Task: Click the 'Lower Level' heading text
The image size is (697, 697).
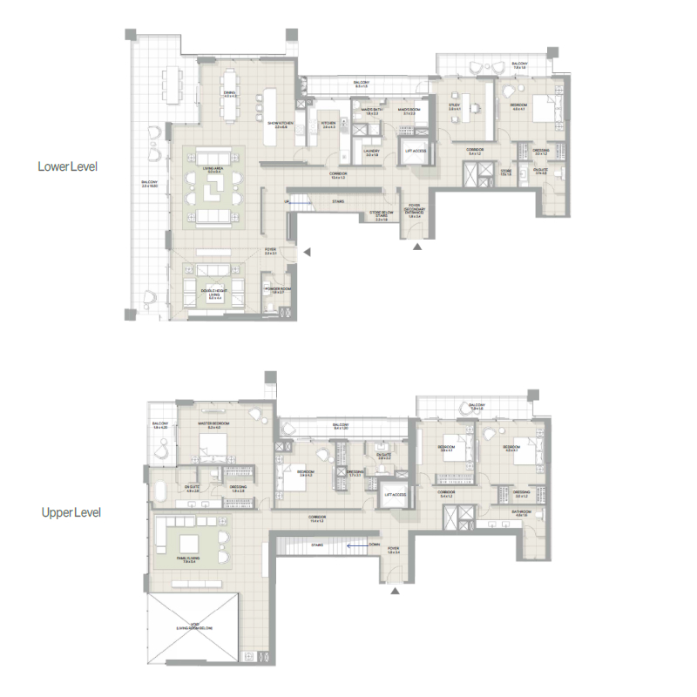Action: [x=67, y=166]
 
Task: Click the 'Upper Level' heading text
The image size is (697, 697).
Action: [x=71, y=512]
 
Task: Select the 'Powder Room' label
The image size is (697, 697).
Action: [x=276, y=288]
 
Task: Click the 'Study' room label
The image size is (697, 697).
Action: [x=454, y=106]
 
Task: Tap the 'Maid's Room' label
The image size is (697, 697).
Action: [x=408, y=112]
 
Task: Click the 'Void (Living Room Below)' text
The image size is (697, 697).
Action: [x=193, y=628]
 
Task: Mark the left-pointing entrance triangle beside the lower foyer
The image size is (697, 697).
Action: [x=306, y=253]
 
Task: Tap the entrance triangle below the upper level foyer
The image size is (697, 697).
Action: [x=395, y=592]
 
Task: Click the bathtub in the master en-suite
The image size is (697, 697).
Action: [x=159, y=490]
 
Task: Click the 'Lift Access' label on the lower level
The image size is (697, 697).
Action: [x=415, y=151]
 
